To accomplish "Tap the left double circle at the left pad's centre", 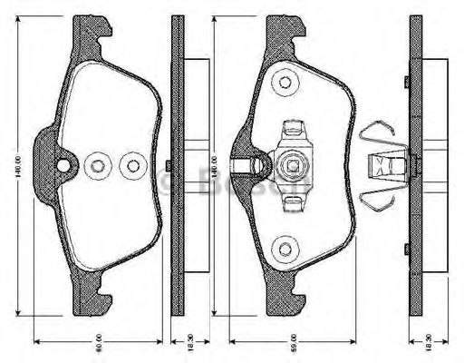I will click(97, 165).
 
